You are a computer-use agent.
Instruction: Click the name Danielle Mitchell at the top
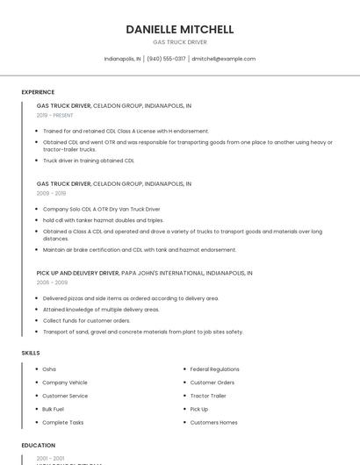click(180, 29)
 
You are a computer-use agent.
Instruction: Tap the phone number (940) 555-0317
click(166, 59)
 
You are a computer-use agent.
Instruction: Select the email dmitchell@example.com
click(223, 59)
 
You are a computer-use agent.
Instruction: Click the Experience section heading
click(38, 92)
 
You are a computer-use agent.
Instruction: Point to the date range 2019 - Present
click(55, 115)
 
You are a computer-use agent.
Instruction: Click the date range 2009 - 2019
click(51, 193)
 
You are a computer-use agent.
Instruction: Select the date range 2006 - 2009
click(52, 283)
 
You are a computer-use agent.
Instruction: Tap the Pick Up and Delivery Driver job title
click(77, 274)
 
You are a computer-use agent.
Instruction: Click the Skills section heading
click(31, 353)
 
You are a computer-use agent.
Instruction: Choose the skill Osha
click(49, 369)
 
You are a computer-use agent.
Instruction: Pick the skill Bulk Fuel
click(53, 409)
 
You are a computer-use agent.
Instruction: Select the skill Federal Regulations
click(214, 369)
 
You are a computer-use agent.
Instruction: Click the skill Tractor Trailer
click(208, 396)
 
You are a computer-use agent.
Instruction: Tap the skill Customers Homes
click(213, 422)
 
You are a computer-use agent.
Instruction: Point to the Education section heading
click(39, 446)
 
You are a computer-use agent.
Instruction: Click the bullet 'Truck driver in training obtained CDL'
click(88, 161)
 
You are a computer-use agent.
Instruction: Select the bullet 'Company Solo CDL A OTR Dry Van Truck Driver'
click(101, 209)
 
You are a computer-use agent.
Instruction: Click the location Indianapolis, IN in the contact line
click(122, 59)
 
